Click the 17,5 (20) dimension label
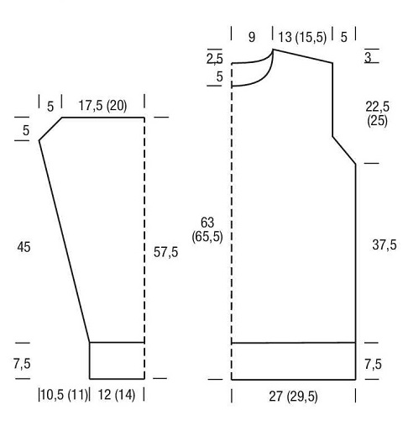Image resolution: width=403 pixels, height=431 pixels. [x=102, y=106]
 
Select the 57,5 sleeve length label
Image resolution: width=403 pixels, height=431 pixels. [x=165, y=252]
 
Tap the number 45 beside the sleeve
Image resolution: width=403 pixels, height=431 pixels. [x=24, y=247]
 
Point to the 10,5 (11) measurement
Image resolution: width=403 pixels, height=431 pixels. [x=64, y=395]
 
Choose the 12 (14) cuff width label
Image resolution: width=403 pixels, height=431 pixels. [x=117, y=395]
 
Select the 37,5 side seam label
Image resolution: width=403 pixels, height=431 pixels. [x=385, y=244]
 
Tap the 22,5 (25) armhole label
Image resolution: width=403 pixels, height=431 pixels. [x=377, y=113]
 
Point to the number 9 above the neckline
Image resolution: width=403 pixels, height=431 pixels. [x=252, y=37]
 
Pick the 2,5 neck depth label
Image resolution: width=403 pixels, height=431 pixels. [x=215, y=59]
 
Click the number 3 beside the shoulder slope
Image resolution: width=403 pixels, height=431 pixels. [x=368, y=57]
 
